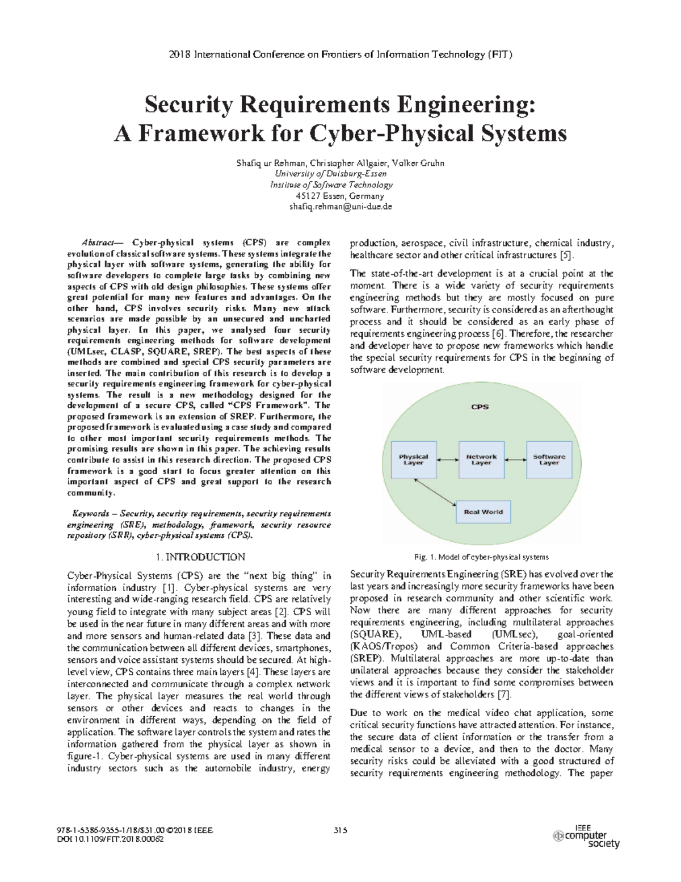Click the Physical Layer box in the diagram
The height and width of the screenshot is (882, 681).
point(414,459)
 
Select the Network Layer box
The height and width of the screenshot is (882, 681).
point(481,459)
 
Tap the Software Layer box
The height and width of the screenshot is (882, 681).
point(549,459)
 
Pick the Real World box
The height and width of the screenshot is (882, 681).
point(483,512)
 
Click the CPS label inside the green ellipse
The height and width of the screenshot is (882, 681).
point(480,407)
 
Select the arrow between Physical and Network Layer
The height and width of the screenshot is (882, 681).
point(447,459)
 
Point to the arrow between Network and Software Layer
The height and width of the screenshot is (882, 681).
point(515,459)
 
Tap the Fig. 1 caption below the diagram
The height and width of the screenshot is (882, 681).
point(481,557)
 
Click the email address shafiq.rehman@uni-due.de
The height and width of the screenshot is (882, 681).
point(340,207)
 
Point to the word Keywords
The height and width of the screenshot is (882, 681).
point(90,513)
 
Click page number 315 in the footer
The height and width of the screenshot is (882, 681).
point(340,830)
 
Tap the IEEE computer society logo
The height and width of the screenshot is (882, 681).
point(586,837)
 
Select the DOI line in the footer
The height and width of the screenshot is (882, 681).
point(111,839)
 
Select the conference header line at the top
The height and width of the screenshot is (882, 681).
point(340,55)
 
